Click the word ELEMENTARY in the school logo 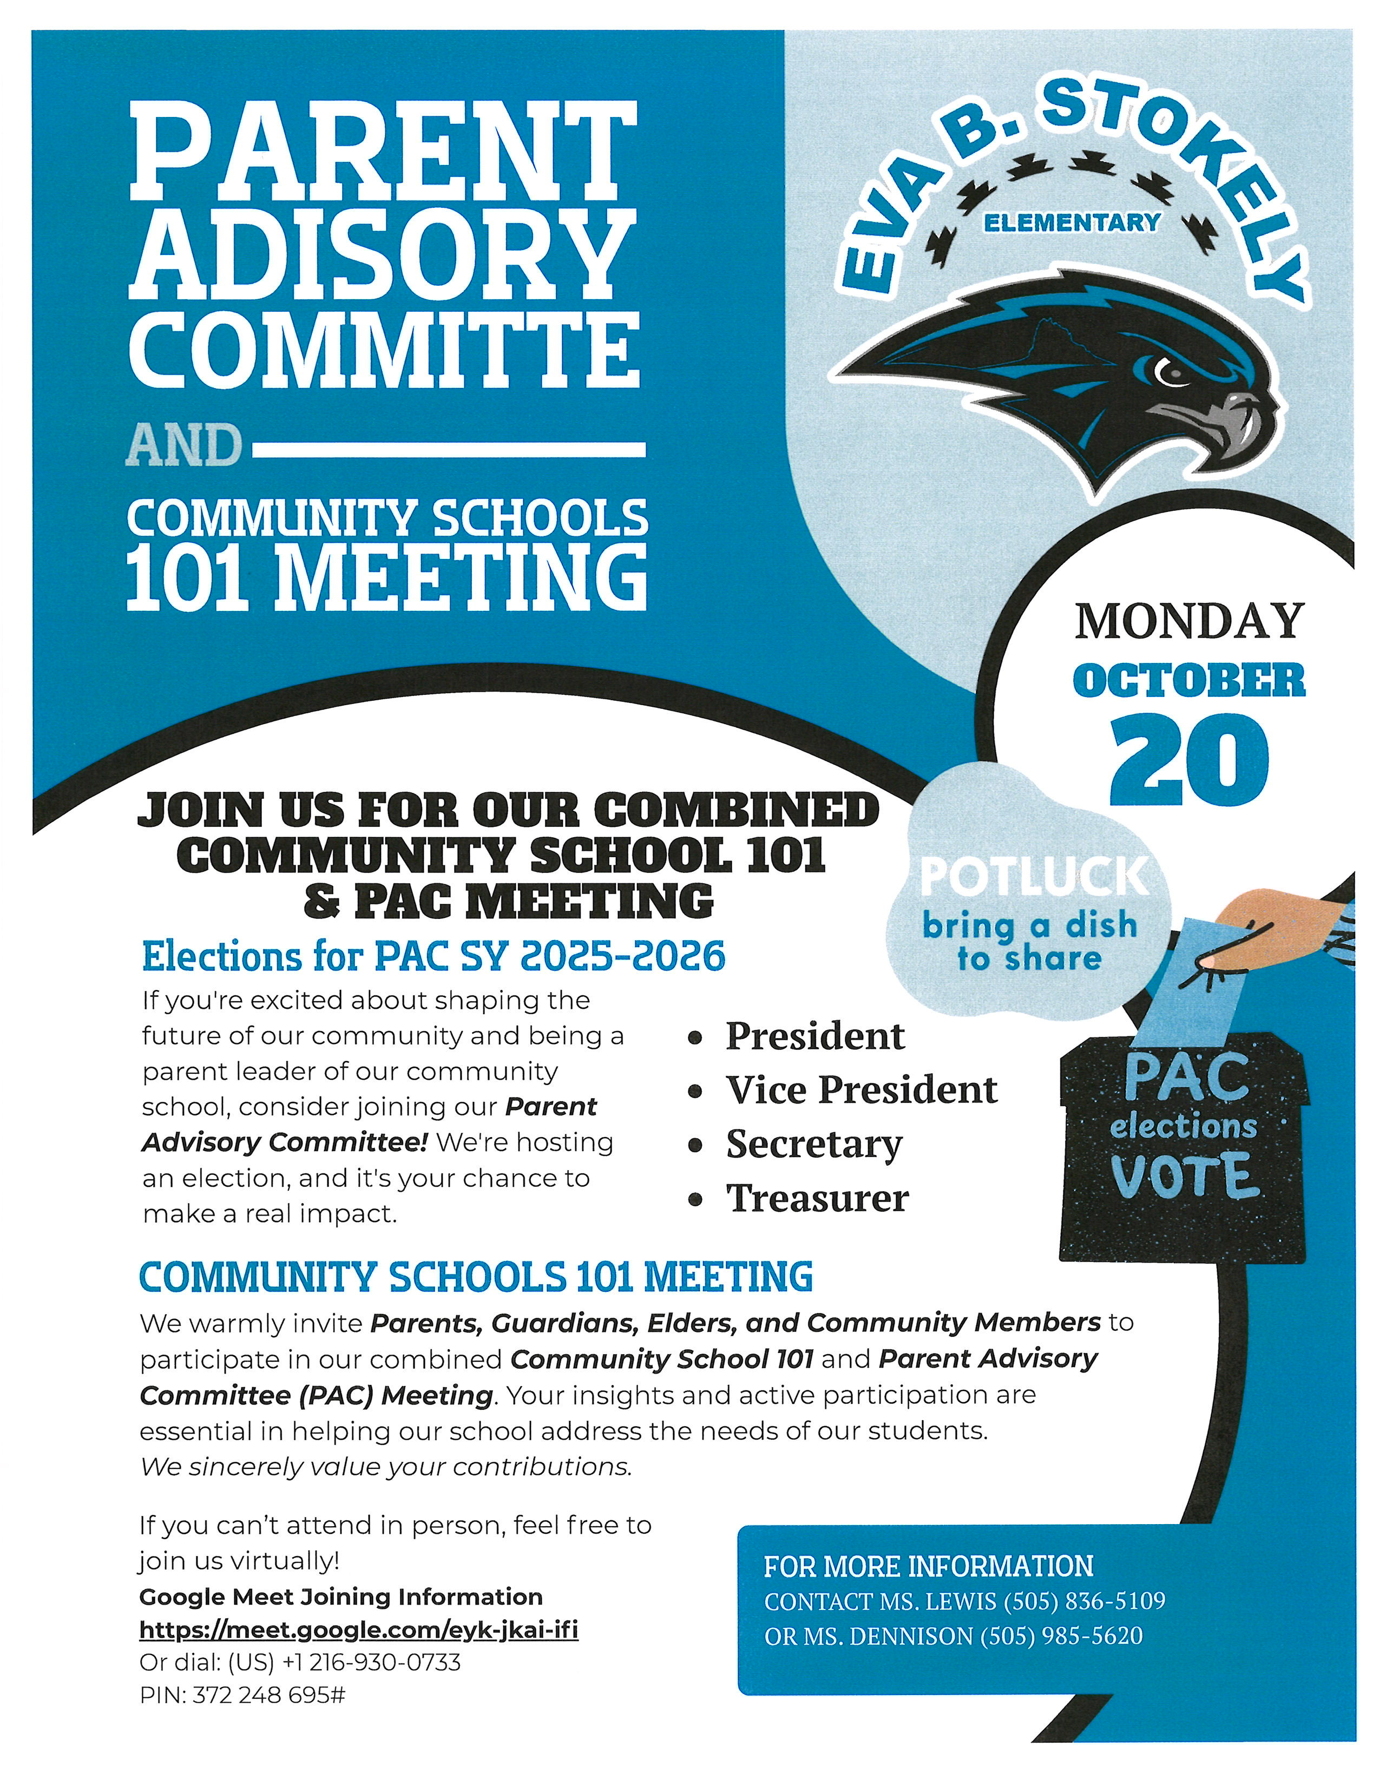pos(1072,222)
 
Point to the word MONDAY pos(1189,621)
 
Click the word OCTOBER pos(1189,680)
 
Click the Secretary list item pos(814,1144)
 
